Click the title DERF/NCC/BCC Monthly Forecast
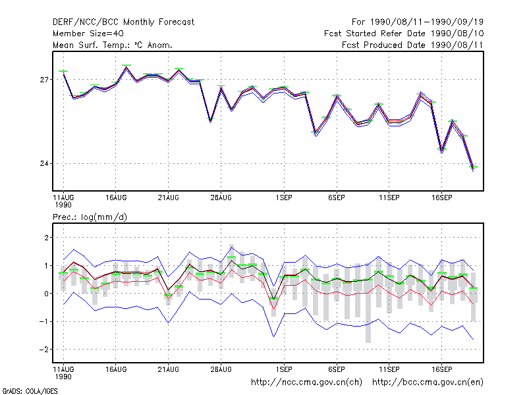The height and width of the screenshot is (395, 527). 123,22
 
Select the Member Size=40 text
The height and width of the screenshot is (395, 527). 88,34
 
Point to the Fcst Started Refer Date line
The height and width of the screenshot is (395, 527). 404,34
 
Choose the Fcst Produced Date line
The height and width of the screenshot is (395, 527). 412,45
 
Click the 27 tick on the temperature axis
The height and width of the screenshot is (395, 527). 44,80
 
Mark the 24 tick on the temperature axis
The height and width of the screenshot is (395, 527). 44,163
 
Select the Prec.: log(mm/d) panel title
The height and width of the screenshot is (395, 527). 90,217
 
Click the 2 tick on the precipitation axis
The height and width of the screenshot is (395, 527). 46,238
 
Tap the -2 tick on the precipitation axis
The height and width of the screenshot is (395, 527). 44,350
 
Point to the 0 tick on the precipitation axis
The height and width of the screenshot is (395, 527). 46,294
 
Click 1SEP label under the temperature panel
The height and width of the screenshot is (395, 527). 284,198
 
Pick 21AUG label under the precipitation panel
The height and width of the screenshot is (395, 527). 169,369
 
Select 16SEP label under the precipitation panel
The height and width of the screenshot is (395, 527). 441,369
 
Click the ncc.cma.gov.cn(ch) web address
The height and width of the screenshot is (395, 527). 306,382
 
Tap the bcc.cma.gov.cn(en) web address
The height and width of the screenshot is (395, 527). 428,382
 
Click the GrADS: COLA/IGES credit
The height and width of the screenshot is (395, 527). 30,391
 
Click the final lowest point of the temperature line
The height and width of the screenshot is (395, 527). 473,170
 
